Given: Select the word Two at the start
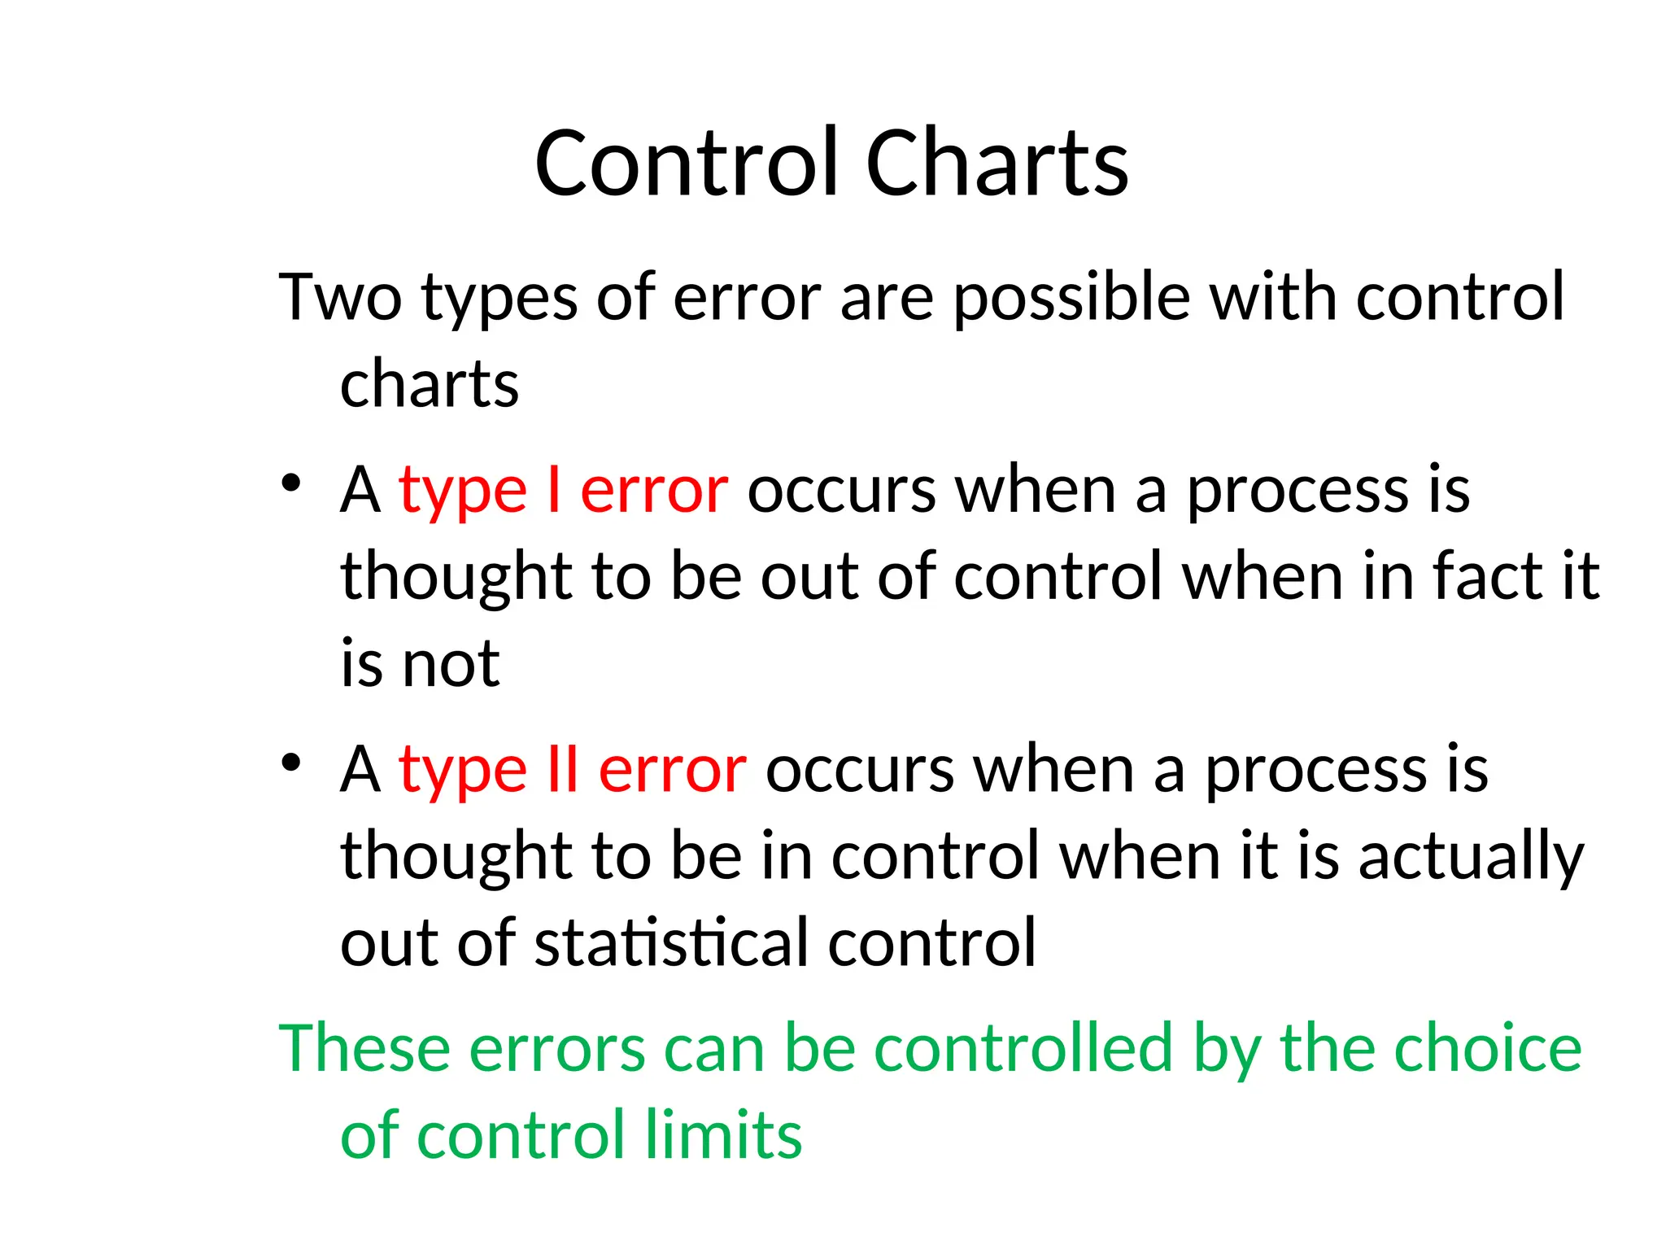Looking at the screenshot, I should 340,297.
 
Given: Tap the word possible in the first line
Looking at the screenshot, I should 1072,299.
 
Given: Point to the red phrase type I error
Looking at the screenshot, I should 563,492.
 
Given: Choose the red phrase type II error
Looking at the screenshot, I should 572,770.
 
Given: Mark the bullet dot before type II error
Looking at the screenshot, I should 290,762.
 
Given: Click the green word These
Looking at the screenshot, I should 364,1048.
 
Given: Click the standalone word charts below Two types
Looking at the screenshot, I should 429,384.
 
